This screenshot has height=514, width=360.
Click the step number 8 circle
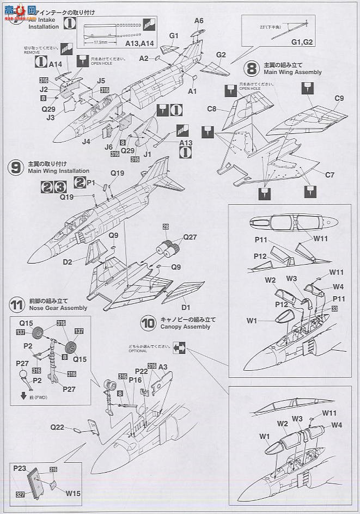(252, 69)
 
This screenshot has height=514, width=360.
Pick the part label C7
(330, 175)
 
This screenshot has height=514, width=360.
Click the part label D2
(68, 261)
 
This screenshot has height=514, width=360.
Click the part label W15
(74, 494)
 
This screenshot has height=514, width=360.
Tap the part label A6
(199, 21)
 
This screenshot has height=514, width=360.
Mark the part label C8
(212, 108)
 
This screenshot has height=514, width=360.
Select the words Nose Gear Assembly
(57, 308)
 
